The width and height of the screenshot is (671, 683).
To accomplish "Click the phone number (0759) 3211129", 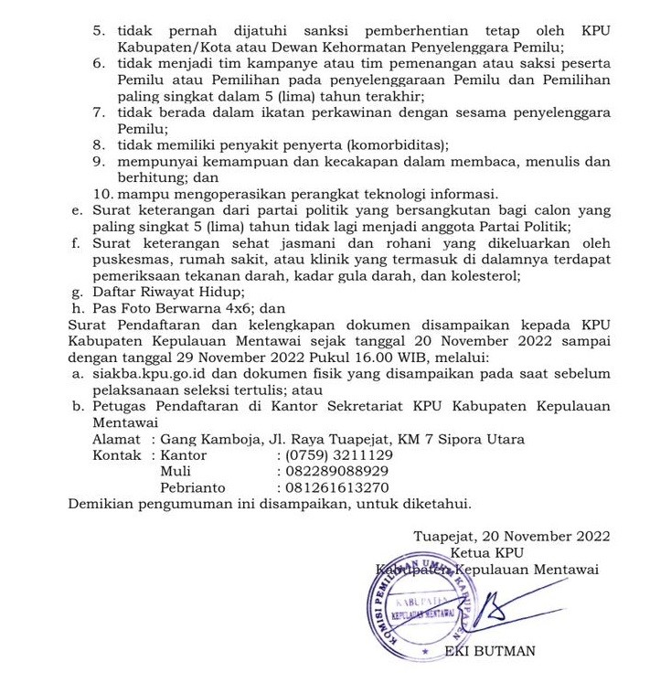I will [340, 455].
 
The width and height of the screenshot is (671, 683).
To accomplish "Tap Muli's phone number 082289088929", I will [338, 472].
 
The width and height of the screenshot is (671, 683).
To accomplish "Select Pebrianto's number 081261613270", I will [338, 488].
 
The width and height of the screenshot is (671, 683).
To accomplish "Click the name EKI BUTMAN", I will [490, 652].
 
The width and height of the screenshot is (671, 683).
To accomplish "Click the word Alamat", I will [117, 439].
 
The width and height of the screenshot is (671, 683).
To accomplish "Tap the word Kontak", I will [118, 455].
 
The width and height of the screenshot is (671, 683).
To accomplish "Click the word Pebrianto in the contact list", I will [193, 488].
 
